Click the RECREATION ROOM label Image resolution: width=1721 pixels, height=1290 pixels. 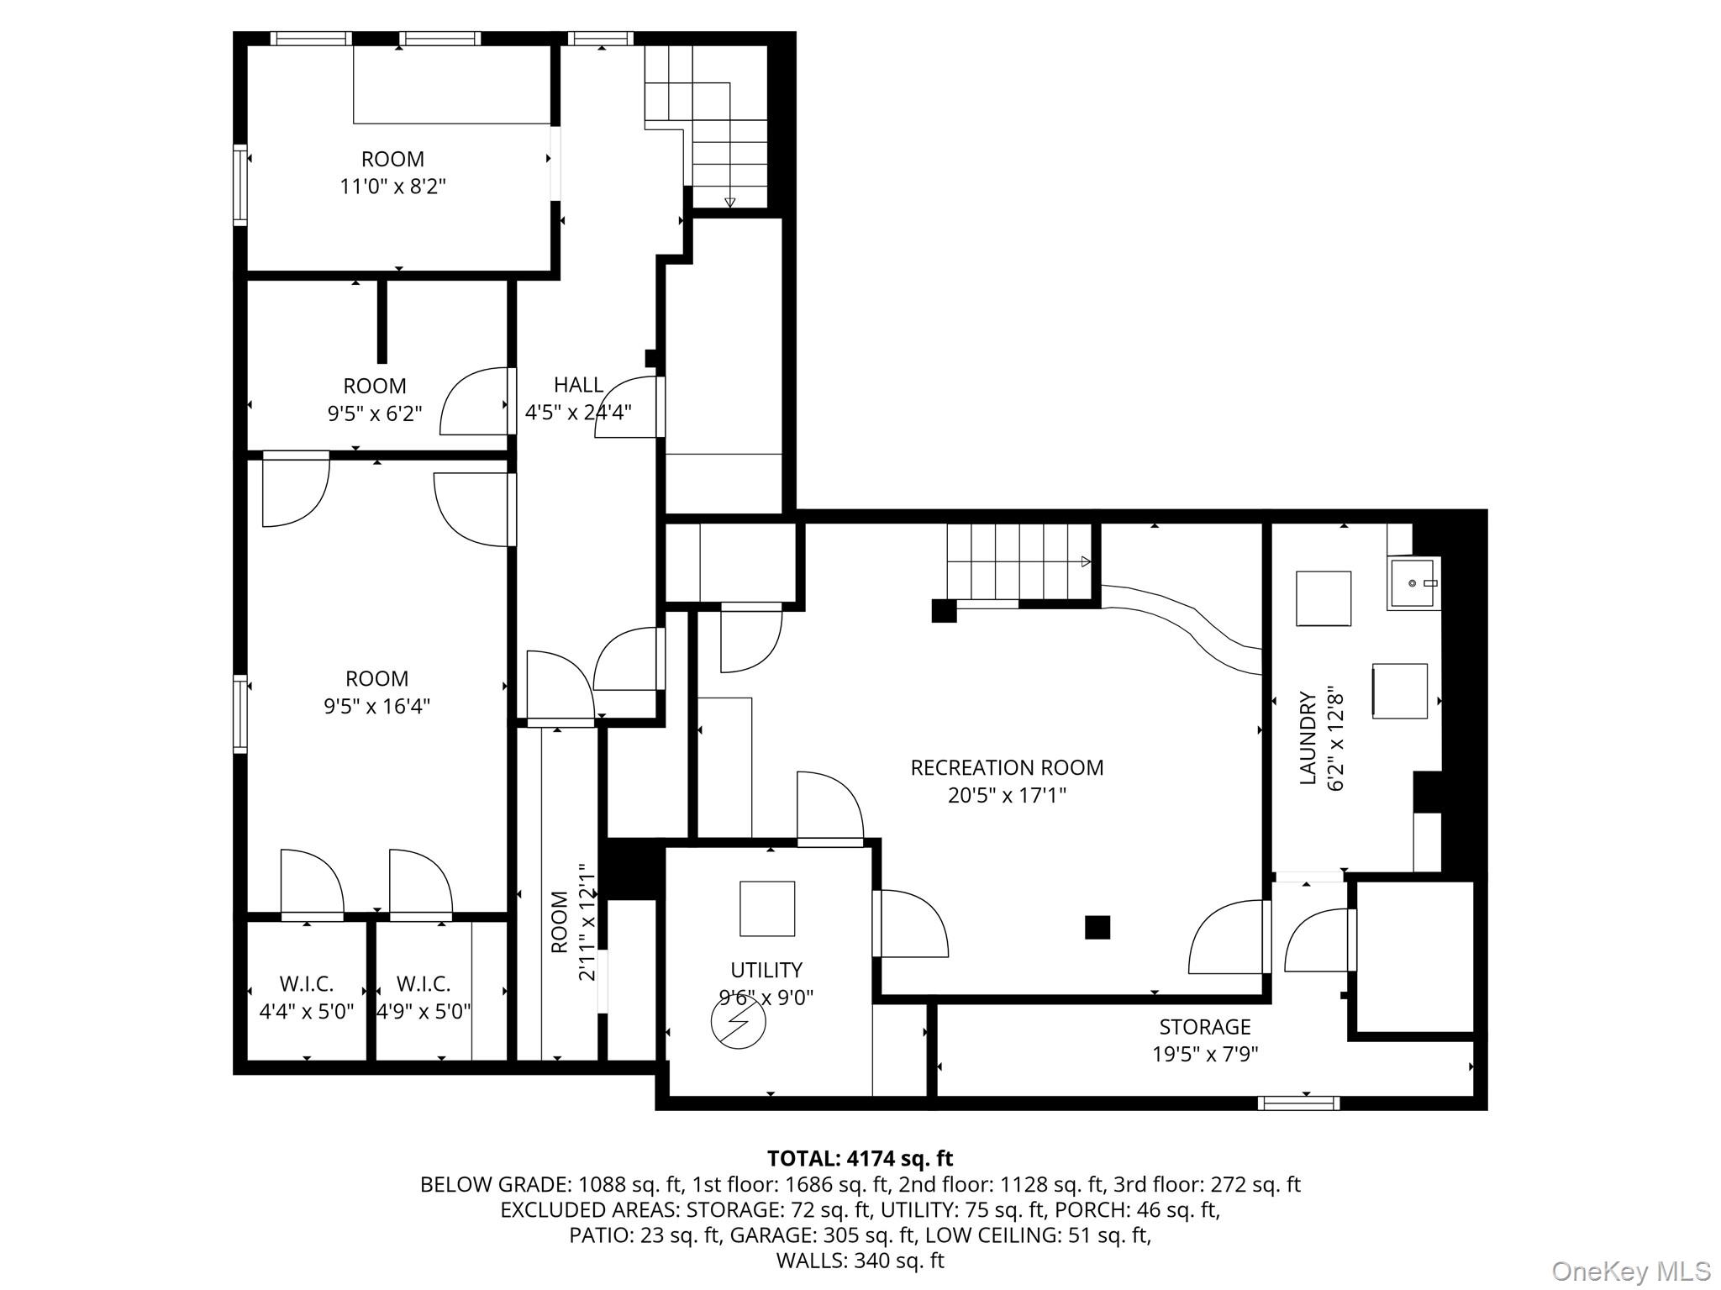[x=1007, y=767]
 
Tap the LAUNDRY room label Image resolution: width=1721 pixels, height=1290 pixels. [x=1308, y=738]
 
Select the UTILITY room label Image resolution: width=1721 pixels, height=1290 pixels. [x=766, y=970]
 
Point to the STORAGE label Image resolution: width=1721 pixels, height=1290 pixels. [x=1205, y=1026]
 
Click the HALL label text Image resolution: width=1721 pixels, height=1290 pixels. [x=578, y=385]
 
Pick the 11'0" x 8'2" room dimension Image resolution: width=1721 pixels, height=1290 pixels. [x=392, y=186]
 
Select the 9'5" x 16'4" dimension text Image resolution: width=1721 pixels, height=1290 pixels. [x=377, y=705]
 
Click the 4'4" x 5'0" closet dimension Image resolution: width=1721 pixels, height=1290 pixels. [x=307, y=1010]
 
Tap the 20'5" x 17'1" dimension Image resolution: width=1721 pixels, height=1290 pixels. [x=1007, y=794]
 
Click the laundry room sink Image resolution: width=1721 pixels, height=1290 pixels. [x=1413, y=583]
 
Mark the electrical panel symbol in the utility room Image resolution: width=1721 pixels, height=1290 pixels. [x=739, y=1022]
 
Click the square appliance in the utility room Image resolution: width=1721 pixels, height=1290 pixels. [x=767, y=908]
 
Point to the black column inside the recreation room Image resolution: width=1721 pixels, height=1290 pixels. [x=1097, y=927]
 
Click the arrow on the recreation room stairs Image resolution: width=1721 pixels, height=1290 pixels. [x=1086, y=561]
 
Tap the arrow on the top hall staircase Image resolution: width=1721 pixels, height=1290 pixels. [x=729, y=202]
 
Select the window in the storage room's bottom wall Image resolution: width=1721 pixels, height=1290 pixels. [x=1298, y=1103]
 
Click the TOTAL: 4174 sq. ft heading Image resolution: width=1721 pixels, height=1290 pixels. [x=860, y=1159]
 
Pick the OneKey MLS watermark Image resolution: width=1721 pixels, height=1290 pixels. [x=1630, y=1271]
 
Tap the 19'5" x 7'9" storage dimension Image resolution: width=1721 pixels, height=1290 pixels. [x=1205, y=1053]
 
